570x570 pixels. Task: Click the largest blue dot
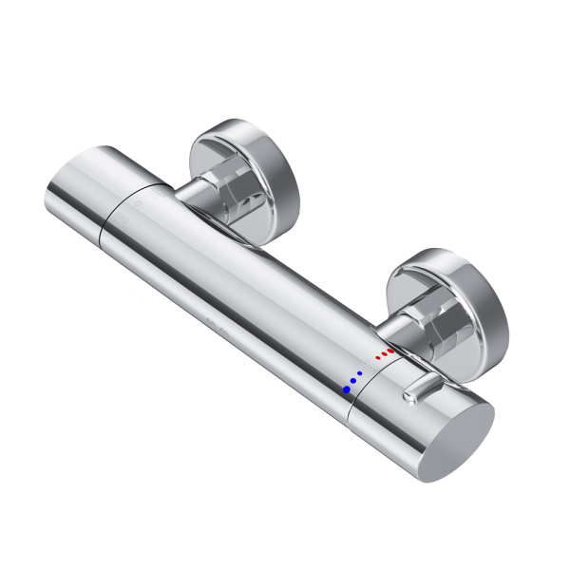pos(349,389)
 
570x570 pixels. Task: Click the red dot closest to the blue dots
pos(377,359)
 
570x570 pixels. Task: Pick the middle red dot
pos(384,355)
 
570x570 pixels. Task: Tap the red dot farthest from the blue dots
pos(390,351)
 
